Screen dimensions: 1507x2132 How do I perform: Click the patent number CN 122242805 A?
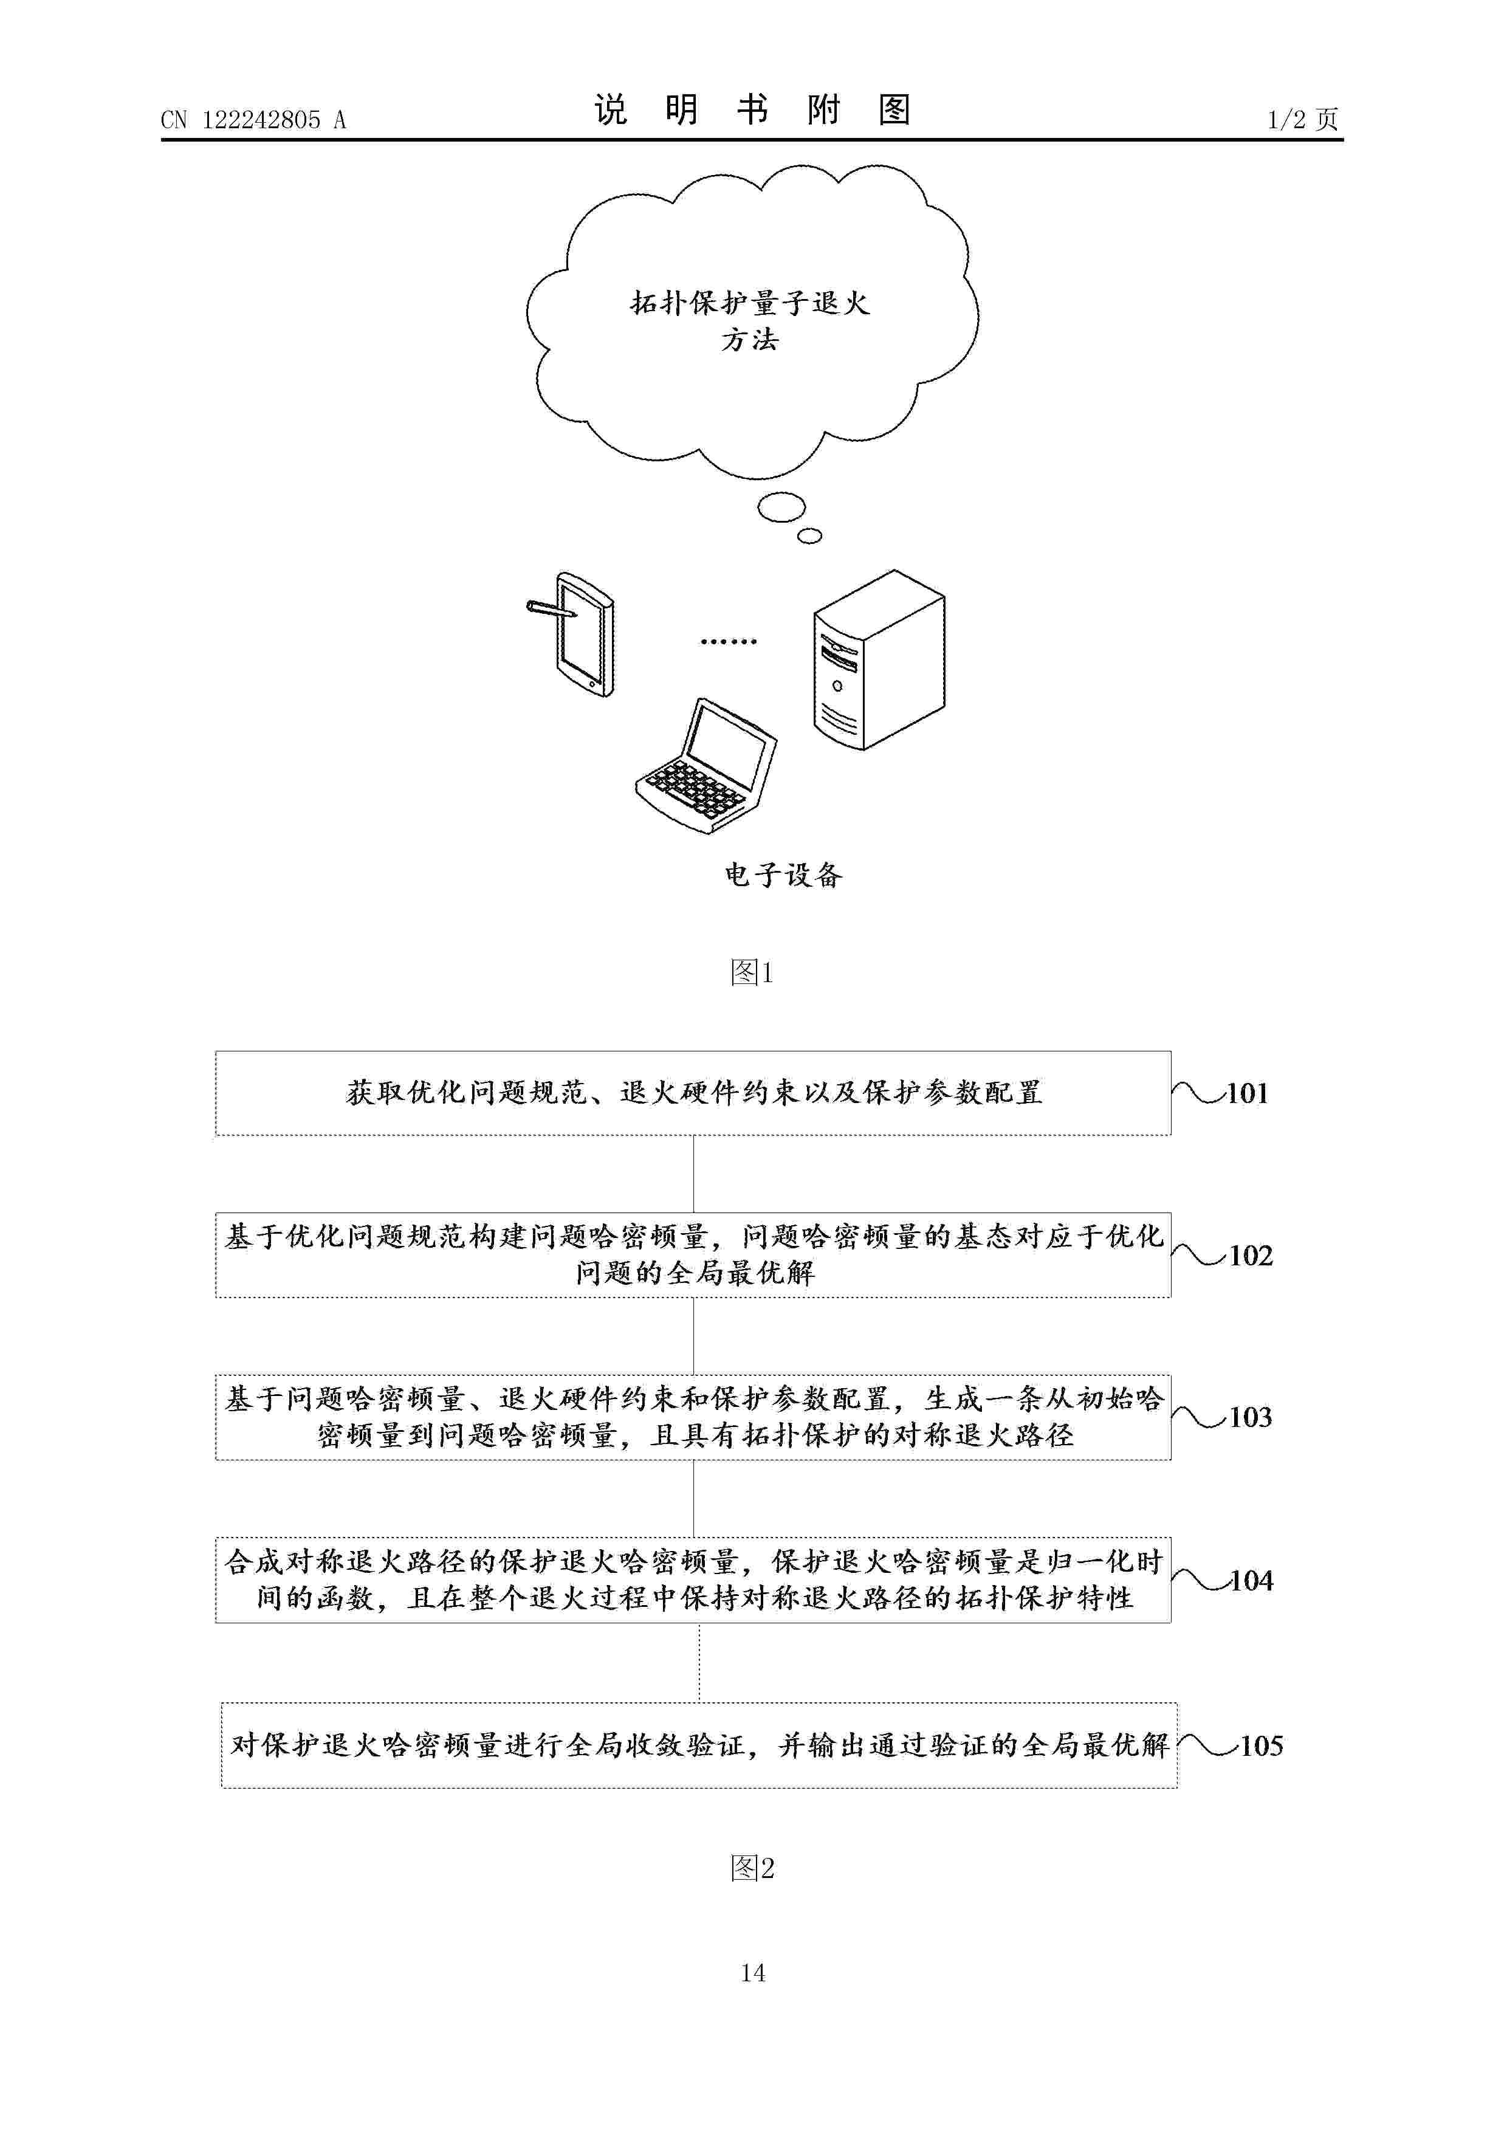click(x=253, y=120)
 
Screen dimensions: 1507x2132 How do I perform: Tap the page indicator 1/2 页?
click(x=1303, y=119)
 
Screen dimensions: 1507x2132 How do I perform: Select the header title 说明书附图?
click(x=752, y=111)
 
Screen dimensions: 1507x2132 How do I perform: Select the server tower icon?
click(x=879, y=659)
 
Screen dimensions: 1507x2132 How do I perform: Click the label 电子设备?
click(x=783, y=875)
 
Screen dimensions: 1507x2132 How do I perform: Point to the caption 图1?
click(x=752, y=972)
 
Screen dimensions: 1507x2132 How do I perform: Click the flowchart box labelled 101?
click(x=693, y=1093)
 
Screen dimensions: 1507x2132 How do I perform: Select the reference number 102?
click(x=1250, y=1256)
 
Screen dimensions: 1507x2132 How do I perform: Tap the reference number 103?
click(x=1250, y=1417)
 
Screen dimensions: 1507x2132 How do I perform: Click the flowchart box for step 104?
click(x=693, y=1580)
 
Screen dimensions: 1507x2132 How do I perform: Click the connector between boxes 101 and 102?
click(x=693, y=1174)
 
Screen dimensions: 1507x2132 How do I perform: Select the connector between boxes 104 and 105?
click(x=699, y=1663)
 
